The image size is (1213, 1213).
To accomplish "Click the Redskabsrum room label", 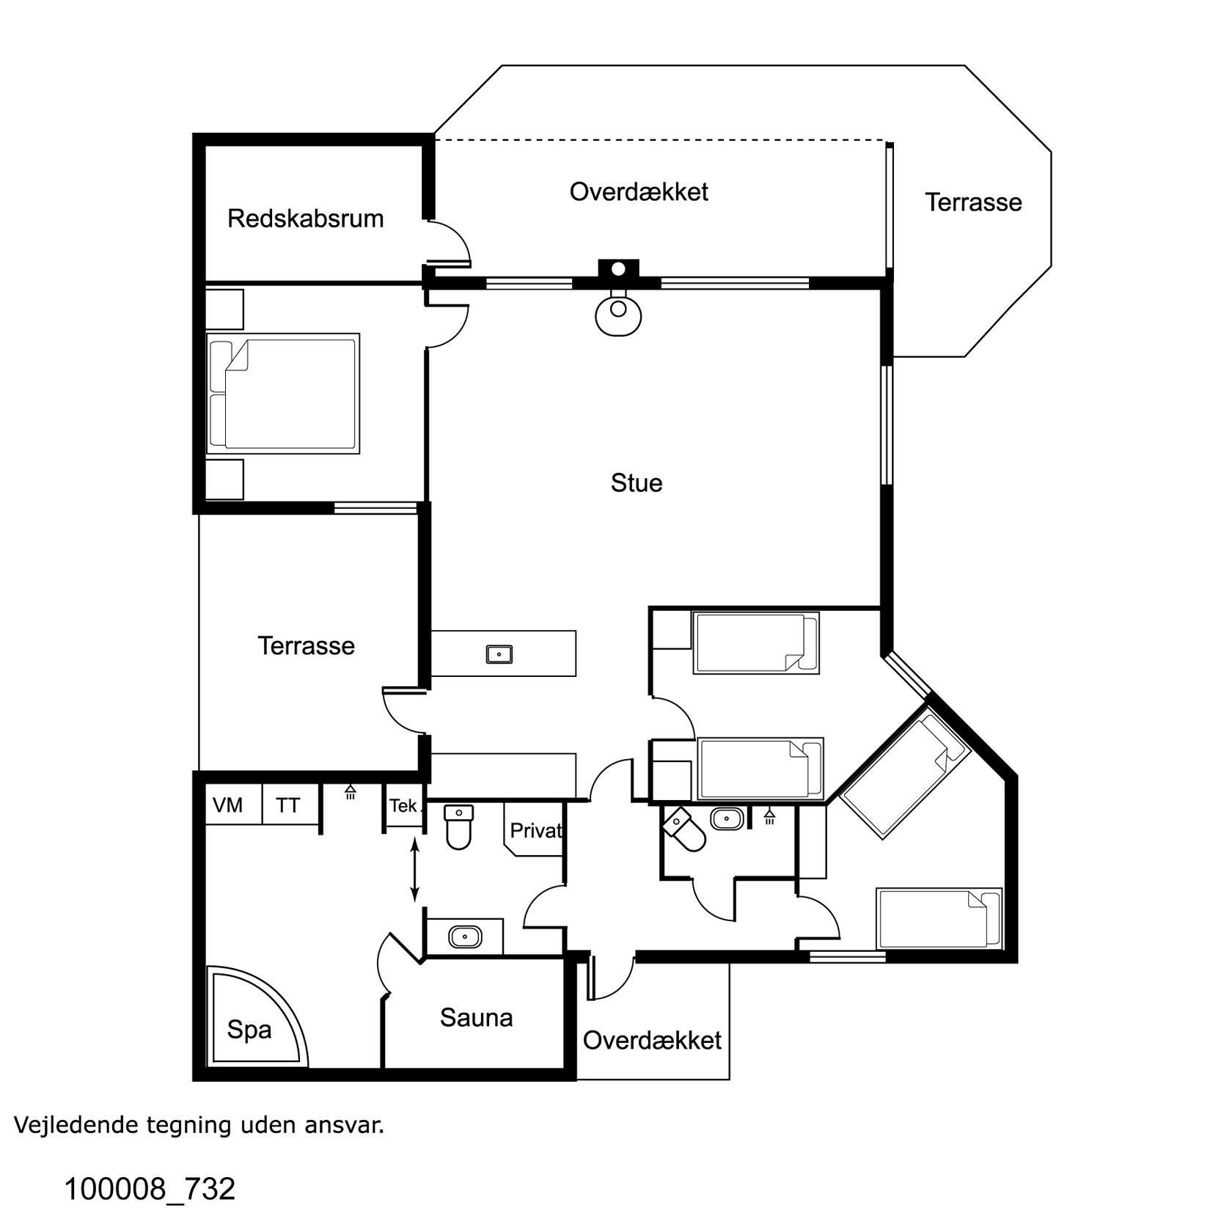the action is point(305,219).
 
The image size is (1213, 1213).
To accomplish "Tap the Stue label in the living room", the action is point(637,483).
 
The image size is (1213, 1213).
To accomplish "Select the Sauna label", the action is point(476,1017).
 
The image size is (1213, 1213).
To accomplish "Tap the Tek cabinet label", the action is point(403,806).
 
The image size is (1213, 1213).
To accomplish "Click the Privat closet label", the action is point(536,830).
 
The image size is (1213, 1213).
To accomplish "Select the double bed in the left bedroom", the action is point(283,394).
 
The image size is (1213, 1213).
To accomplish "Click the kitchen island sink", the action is point(499,653).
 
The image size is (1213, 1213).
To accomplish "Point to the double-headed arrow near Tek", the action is point(414,871).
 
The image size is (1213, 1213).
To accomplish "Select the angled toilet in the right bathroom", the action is point(684,829).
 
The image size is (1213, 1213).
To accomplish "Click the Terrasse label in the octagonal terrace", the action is point(973,202).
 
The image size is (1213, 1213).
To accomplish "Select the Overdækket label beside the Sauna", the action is point(652,1040).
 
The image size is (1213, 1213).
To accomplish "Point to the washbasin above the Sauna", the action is point(465,937).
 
